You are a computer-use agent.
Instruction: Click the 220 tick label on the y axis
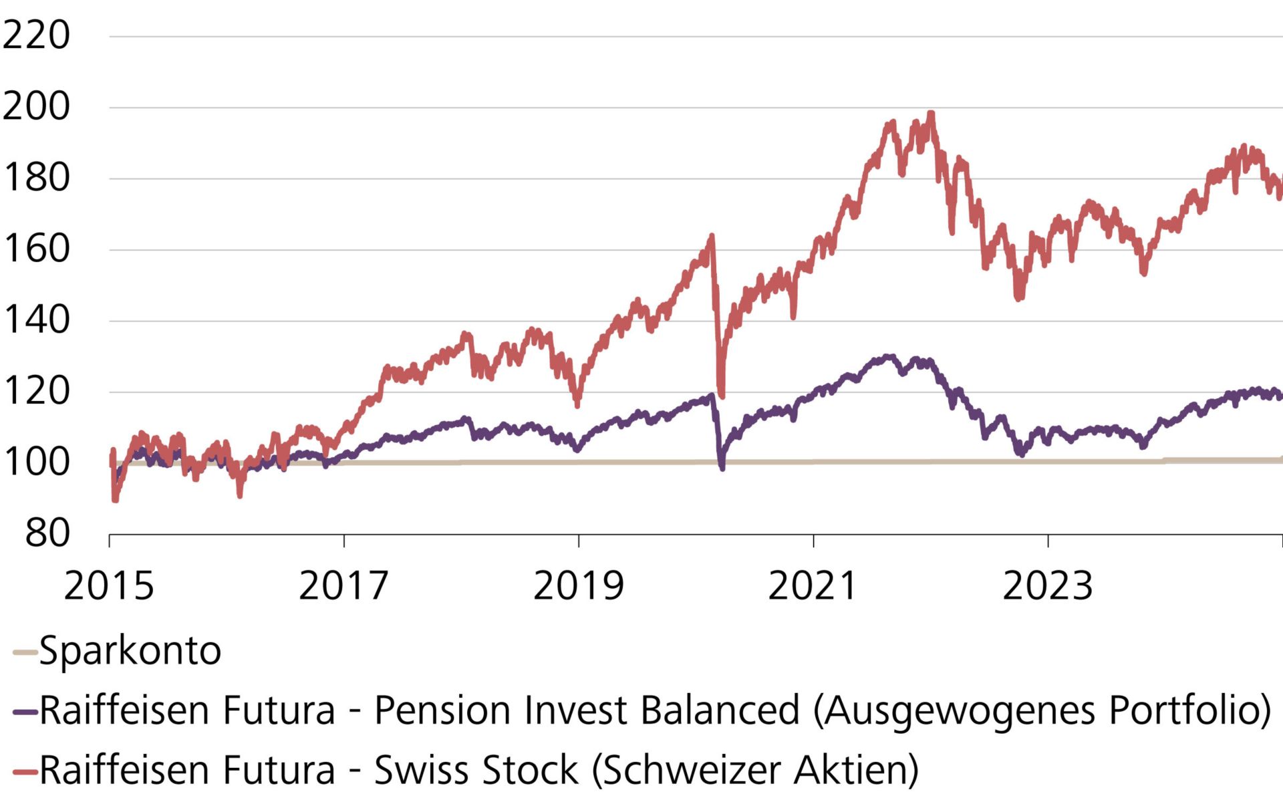point(36,35)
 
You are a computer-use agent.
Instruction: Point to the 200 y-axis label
point(36,107)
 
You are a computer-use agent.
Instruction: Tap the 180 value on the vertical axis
point(36,178)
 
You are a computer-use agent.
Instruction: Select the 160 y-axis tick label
point(36,249)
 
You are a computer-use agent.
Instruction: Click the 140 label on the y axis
point(36,320)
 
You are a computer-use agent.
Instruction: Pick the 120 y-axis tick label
point(36,391)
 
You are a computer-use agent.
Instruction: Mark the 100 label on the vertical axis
point(36,462)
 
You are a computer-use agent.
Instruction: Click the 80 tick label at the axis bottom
point(47,533)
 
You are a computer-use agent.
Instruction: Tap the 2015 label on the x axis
point(109,586)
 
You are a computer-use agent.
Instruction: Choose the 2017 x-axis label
point(343,586)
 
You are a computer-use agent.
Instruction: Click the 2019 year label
point(578,586)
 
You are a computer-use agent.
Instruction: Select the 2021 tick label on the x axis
point(813,586)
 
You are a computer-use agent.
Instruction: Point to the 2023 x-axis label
point(1047,586)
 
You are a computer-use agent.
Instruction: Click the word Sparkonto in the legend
point(130,650)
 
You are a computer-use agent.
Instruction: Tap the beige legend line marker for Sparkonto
point(25,652)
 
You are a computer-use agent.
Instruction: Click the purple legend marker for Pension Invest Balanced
point(25,712)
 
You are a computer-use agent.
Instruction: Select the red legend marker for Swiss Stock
point(25,772)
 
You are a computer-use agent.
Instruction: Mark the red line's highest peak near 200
point(931,114)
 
